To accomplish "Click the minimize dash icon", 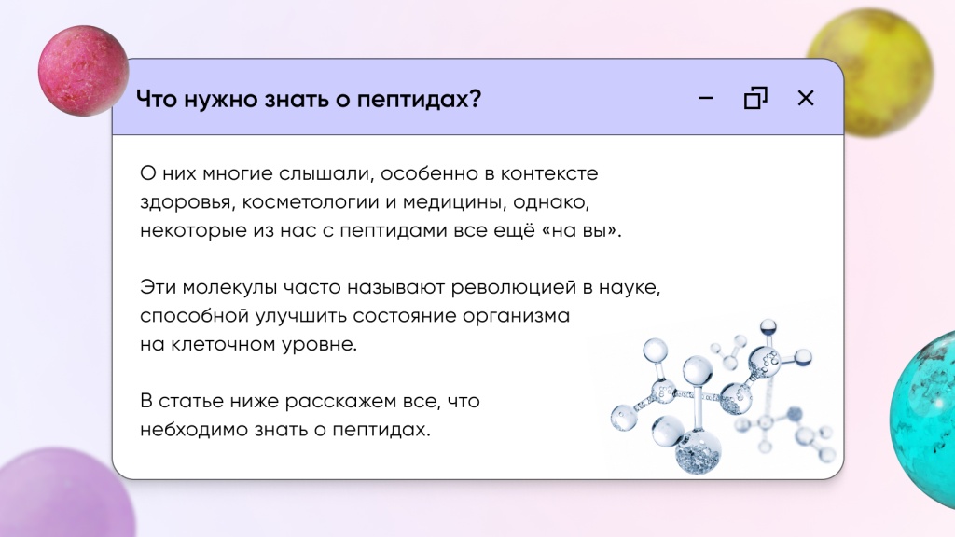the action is [705, 98].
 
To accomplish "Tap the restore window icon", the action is [755, 98].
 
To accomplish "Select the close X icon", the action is [806, 98].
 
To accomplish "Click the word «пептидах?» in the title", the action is [419, 100].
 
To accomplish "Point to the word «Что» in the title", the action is [157, 99].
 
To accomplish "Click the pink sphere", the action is [83, 71].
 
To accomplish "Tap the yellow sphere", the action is [872, 72].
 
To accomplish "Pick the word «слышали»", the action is [324, 174].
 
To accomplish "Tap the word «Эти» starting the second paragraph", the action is [158, 287].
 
